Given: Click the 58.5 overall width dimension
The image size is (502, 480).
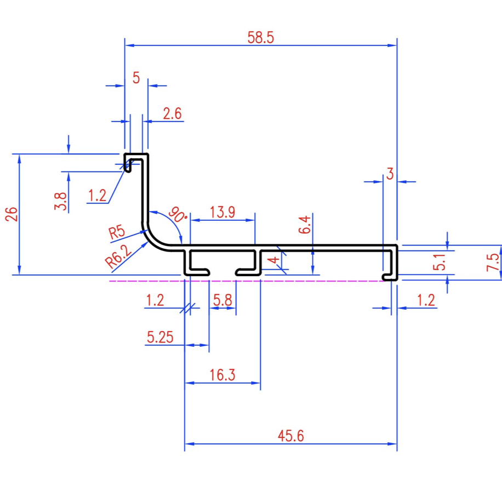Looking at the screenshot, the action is [x=261, y=38].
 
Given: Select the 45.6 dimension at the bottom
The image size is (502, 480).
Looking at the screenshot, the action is [x=290, y=436].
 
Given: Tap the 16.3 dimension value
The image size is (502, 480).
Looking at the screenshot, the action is [x=222, y=375].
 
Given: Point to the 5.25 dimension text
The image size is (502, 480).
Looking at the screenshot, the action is [x=160, y=338].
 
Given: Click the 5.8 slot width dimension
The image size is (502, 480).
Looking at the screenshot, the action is [x=223, y=300].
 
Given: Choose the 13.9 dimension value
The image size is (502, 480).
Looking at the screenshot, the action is [x=223, y=212].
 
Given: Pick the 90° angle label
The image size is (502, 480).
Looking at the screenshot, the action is [x=177, y=214].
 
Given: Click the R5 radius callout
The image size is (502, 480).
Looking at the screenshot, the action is [x=117, y=232].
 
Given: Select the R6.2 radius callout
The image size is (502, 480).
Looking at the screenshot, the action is [x=118, y=256].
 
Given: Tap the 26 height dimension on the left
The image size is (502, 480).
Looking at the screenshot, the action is [x=12, y=214].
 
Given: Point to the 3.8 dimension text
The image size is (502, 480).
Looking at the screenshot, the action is [x=60, y=201].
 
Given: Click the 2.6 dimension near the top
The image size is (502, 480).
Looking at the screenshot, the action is [x=172, y=113].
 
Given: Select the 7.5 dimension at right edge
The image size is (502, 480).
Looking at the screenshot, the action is [x=493, y=262].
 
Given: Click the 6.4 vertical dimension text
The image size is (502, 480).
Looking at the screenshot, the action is [x=305, y=225].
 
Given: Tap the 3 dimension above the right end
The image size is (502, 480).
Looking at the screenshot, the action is [x=390, y=174].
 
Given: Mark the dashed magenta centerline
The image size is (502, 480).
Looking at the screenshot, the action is [x=247, y=281].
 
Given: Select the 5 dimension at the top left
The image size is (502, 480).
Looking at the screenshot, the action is [x=136, y=78].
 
